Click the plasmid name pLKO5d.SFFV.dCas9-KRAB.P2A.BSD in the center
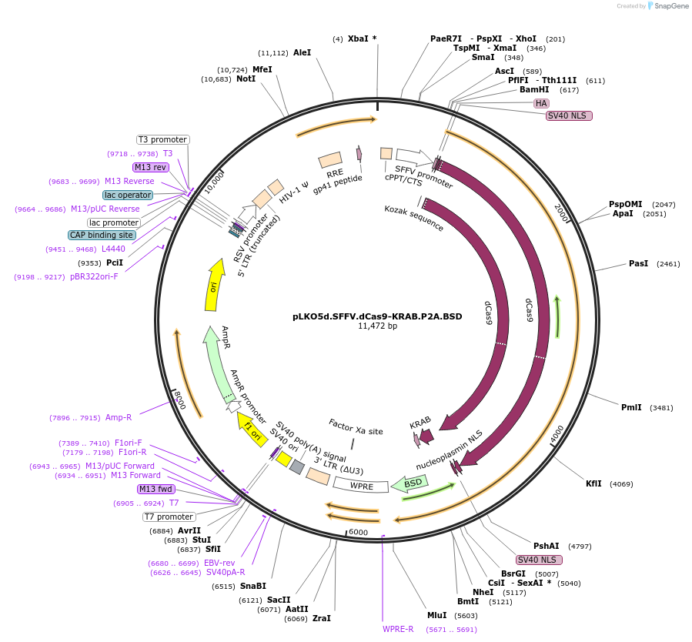[x=377, y=316]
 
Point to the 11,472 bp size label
[x=377, y=326]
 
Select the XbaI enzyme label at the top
[x=359, y=38]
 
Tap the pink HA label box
[x=541, y=103]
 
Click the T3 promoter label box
[x=162, y=139]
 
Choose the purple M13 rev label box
[x=150, y=167]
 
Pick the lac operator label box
[x=128, y=195]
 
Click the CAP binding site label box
[x=102, y=235]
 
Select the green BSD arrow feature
[x=410, y=483]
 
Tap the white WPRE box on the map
[x=361, y=486]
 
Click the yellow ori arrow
[x=213, y=285]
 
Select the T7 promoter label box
[x=169, y=517]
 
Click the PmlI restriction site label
[x=631, y=407]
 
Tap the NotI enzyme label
[x=246, y=79]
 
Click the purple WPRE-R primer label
[x=398, y=629]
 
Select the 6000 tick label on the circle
[x=358, y=532]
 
